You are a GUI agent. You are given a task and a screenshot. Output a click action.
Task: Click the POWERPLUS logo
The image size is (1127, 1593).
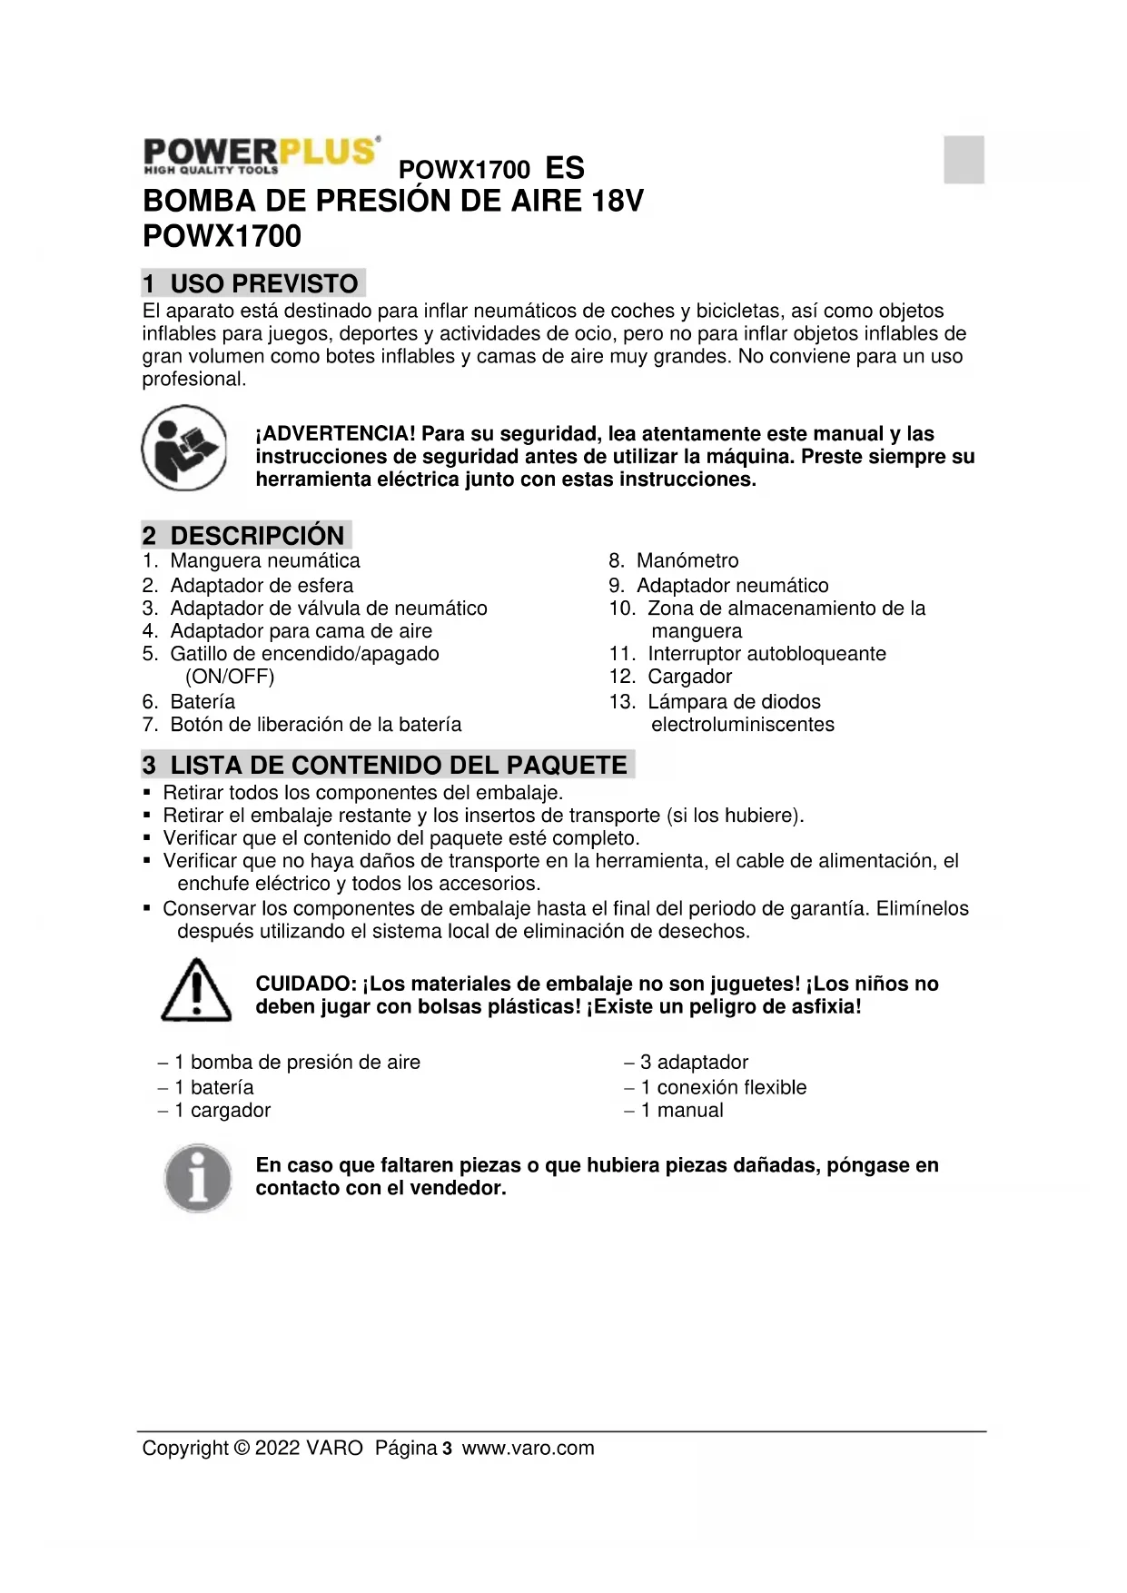coord(261,154)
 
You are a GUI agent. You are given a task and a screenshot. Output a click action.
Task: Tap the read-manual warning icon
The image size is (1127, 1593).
coord(183,448)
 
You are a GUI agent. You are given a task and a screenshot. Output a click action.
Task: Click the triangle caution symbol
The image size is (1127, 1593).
coord(196,990)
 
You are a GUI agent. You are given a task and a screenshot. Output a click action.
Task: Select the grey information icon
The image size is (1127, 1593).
coord(197,1178)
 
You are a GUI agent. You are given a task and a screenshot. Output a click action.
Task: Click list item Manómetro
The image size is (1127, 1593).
coord(687,560)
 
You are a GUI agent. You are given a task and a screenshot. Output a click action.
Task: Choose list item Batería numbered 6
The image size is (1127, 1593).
coord(202,702)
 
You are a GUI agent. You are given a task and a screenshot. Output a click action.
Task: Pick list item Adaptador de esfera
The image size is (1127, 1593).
coord(262,586)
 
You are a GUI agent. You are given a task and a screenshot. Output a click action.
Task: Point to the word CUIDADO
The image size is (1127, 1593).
coord(304,984)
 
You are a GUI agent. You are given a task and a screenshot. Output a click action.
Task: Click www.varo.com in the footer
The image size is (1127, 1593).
coord(528,1449)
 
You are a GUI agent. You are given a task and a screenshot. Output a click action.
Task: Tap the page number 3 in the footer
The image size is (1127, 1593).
coord(447,1449)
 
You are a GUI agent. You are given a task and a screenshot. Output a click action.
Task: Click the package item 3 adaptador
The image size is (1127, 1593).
coord(694,1063)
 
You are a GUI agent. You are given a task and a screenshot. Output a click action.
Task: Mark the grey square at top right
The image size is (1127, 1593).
coord(964,159)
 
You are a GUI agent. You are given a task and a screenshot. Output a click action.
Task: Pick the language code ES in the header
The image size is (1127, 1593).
coord(564,168)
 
